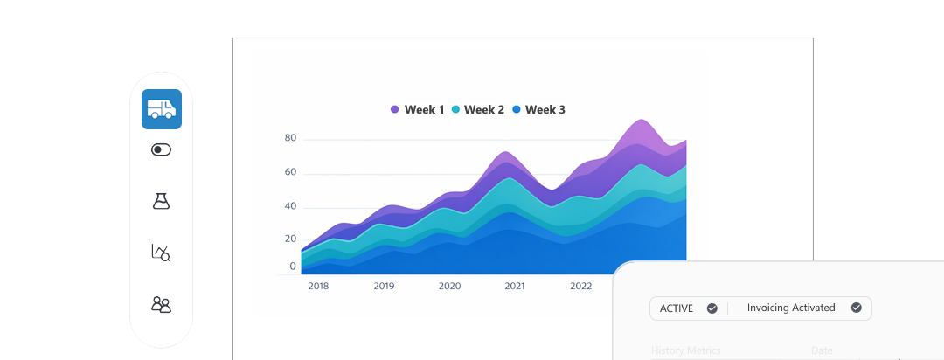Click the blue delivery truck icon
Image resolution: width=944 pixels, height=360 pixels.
tap(162, 109)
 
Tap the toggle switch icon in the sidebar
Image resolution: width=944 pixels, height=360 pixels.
tap(162, 149)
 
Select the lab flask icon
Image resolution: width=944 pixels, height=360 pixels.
tap(161, 201)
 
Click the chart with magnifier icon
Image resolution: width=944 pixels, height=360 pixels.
tap(161, 253)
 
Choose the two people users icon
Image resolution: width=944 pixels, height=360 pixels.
tap(161, 304)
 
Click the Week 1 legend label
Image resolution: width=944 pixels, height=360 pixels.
tap(424, 110)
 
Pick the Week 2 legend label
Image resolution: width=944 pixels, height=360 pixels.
tap(484, 110)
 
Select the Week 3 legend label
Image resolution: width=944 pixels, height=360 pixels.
tap(545, 110)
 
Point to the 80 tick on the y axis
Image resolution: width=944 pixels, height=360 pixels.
tap(291, 138)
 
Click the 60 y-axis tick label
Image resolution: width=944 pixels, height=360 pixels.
tap(291, 172)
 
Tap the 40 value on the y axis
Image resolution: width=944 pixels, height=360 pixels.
tap(291, 206)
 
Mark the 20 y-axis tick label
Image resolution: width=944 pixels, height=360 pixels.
tap(291, 239)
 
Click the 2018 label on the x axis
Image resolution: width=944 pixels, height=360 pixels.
tap(318, 286)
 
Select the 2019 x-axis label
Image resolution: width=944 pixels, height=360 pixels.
tap(384, 286)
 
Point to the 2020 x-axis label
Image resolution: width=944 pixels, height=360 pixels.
tap(449, 286)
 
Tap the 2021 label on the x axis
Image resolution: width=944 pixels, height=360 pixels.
tap(515, 286)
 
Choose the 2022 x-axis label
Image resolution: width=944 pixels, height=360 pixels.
tap(580, 286)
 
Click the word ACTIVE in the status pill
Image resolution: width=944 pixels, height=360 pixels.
tap(677, 308)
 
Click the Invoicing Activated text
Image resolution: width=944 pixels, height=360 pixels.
tap(791, 308)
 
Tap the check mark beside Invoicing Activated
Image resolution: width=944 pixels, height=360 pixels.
tap(857, 308)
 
